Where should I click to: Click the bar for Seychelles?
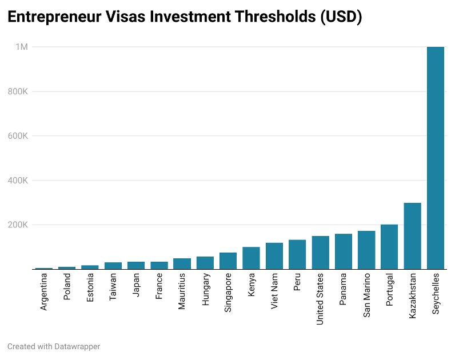(436, 158)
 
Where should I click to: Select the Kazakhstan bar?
(412, 236)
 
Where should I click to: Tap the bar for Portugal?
(389, 247)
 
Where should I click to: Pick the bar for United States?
(320, 253)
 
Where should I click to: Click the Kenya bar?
(251, 258)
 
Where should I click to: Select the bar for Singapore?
(228, 261)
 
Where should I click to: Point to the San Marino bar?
(366, 250)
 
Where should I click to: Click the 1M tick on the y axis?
(21, 47)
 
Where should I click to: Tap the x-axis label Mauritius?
(182, 291)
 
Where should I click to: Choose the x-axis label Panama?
(343, 290)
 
